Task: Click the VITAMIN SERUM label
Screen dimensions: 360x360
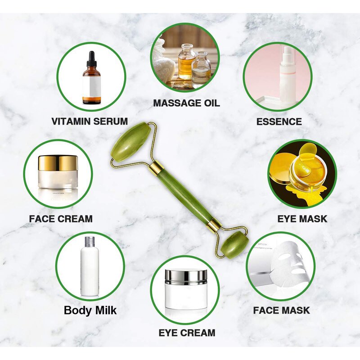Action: [90, 121]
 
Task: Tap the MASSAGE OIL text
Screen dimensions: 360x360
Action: [186, 103]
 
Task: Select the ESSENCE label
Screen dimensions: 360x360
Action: [279, 121]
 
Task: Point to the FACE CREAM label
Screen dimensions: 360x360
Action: [61, 219]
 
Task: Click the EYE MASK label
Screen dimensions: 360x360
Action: [302, 219]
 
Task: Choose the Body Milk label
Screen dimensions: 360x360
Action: [90, 310]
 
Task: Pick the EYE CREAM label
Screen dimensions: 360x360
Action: [187, 333]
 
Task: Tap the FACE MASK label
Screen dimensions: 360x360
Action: [281, 310]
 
